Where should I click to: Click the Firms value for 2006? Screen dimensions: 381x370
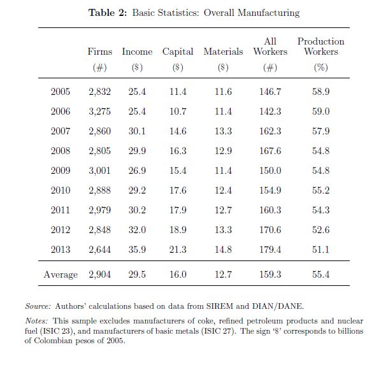pos(99,111)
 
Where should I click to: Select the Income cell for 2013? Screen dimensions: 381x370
pos(137,250)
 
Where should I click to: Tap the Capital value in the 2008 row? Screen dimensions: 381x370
pos(178,151)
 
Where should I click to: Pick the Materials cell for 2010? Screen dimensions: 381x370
pos(223,190)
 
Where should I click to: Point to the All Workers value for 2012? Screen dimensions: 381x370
pos(270,230)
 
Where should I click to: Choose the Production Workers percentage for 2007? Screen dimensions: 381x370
pos(320,131)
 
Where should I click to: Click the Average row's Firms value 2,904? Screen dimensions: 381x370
pos(99,274)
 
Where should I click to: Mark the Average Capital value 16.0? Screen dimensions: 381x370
pos(178,274)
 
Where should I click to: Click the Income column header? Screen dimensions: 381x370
pos(137,52)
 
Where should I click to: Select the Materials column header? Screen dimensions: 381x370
pos(223,52)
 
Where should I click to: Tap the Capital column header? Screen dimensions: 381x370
pos(178,52)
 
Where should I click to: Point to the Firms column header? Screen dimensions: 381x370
pos(99,52)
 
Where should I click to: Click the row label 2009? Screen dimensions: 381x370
pos(61,171)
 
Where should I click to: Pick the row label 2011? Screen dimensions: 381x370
pos(61,210)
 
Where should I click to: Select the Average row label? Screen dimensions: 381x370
pos(61,274)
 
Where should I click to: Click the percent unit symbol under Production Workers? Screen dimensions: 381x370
pos(320,68)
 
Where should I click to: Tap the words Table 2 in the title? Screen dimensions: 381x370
pos(108,13)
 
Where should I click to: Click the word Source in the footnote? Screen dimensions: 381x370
pos(38,306)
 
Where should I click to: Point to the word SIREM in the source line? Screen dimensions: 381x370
pos(220,306)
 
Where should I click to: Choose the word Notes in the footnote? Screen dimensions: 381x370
pos(36,321)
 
